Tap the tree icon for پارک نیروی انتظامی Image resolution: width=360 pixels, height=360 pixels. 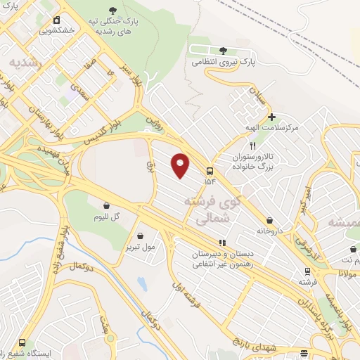tap(223, 50)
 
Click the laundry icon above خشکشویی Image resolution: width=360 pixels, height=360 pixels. tap(56, 20)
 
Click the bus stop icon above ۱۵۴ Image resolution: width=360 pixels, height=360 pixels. tap(210, 171)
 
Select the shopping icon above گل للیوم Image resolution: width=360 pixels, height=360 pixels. tap(106, 206)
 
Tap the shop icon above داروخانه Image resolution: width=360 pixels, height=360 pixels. tap(270, 220)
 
